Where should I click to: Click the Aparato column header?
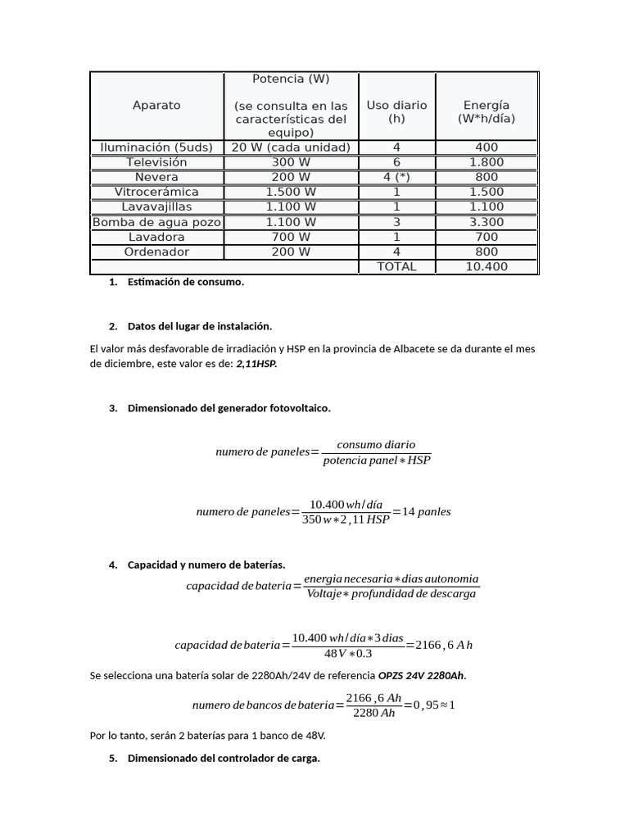[x=156, y=106]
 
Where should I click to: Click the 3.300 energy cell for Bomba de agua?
[x=486, y=222]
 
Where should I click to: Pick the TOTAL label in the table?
[x=396, y=266]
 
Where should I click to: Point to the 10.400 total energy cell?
[x=486, y=266]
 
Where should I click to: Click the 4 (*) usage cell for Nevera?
[x=396, y=177]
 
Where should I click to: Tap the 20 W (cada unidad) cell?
[x=291, y=147]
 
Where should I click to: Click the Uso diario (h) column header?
[x=396, y=111]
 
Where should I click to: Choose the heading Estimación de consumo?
[x=186, y=282]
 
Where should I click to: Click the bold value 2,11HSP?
[x=256, y=364]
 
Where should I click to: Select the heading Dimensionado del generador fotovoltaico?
[x=229, y=407]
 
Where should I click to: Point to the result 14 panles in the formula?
[x=428, y=512]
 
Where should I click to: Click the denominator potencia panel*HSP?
[x=376, y=460]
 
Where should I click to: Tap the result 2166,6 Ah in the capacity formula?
[x=444, y=645]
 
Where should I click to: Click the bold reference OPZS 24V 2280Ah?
[x=421, y=676]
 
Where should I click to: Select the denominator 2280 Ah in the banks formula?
[x=373, y=714]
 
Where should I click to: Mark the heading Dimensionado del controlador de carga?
[x=224, y=759]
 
